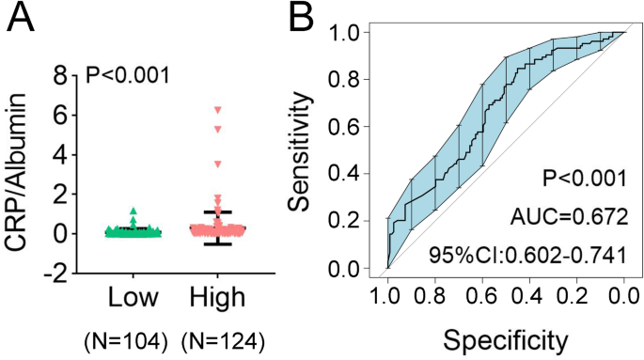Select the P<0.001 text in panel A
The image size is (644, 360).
tap(127, 73)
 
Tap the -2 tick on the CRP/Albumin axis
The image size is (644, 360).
tap(58, 274)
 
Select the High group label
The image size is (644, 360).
tap(216, 298)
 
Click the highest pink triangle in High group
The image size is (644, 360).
tap(218, 110)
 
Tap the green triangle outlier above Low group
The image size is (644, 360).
tap(134, 211)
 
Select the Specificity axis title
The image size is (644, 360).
tap(506, 337)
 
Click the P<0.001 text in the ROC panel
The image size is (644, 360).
tap(584, 178)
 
